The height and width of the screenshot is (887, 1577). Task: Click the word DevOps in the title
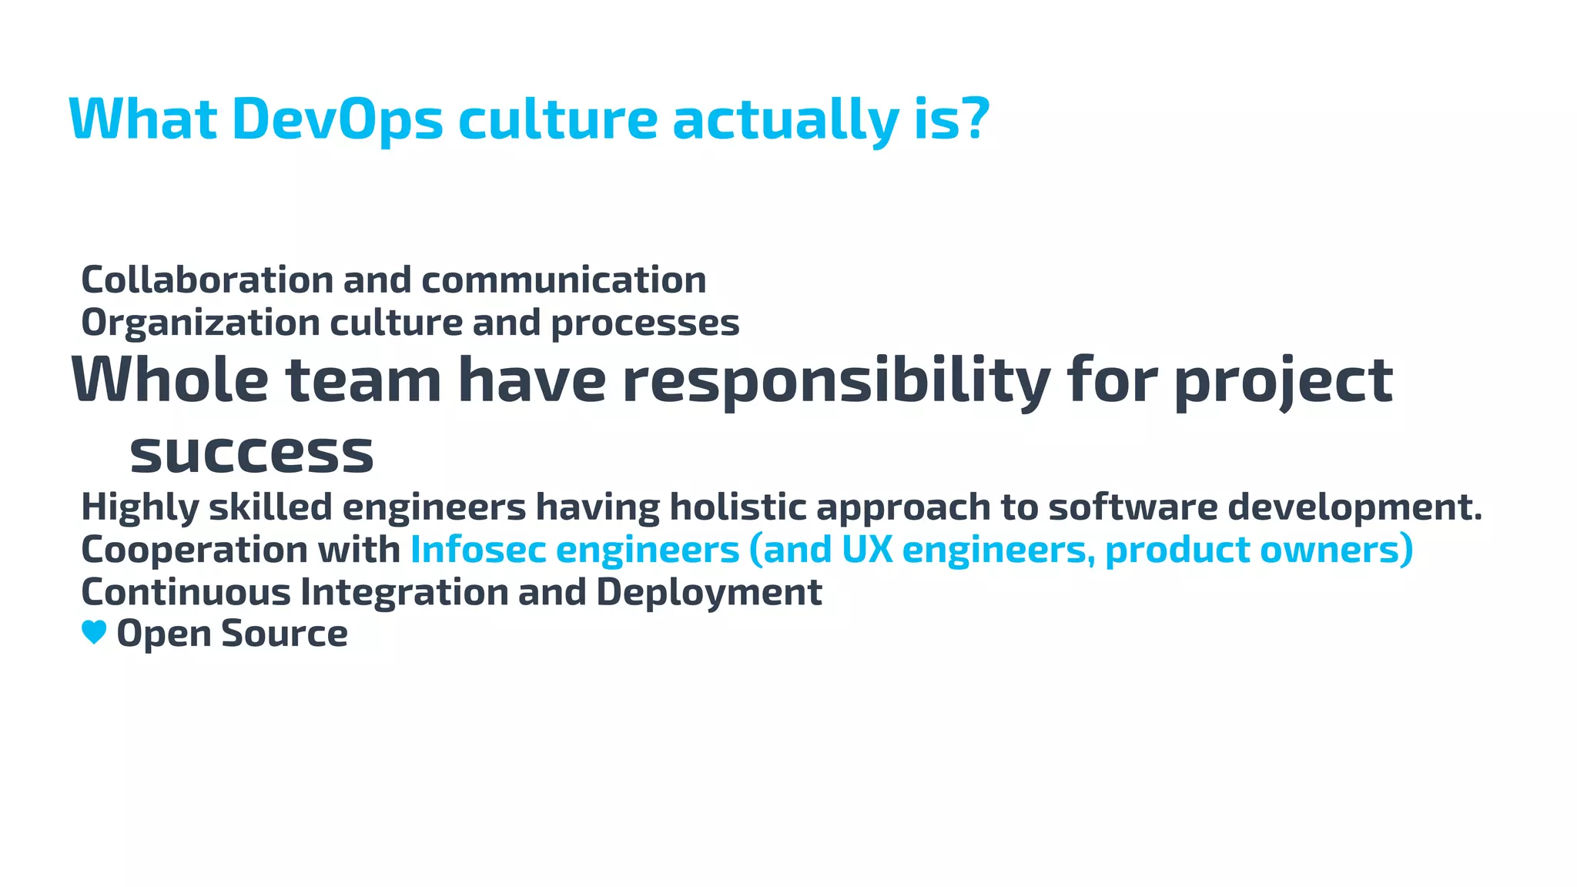click(337, 120)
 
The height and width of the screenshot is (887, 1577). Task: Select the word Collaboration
click(207, 279)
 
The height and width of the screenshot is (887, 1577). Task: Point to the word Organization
click(200, 323)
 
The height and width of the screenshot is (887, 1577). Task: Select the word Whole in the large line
click(170, 380)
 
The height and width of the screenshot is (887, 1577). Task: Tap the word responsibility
click(835, 381)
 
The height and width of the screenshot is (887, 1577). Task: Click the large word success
click(251, 454)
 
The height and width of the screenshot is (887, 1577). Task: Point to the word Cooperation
click(195, 550)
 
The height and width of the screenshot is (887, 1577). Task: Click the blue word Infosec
click(478, 550)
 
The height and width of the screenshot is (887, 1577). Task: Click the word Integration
click(404, 592)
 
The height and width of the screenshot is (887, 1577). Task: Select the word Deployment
click(708, 592)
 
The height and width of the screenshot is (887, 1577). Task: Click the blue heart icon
click(94, 633)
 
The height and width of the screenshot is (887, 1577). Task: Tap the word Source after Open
click(284, 634)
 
